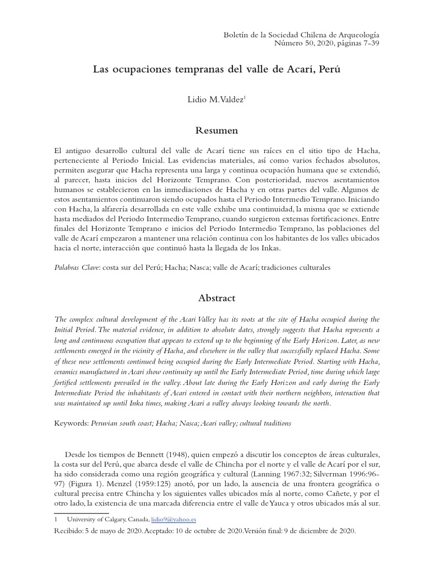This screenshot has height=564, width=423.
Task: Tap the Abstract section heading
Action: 217,298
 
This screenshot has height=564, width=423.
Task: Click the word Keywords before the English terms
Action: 70,424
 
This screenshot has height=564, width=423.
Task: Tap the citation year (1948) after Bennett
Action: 146,455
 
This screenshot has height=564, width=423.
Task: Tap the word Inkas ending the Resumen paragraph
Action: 269,248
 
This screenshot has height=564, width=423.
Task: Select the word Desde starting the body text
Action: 77,455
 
